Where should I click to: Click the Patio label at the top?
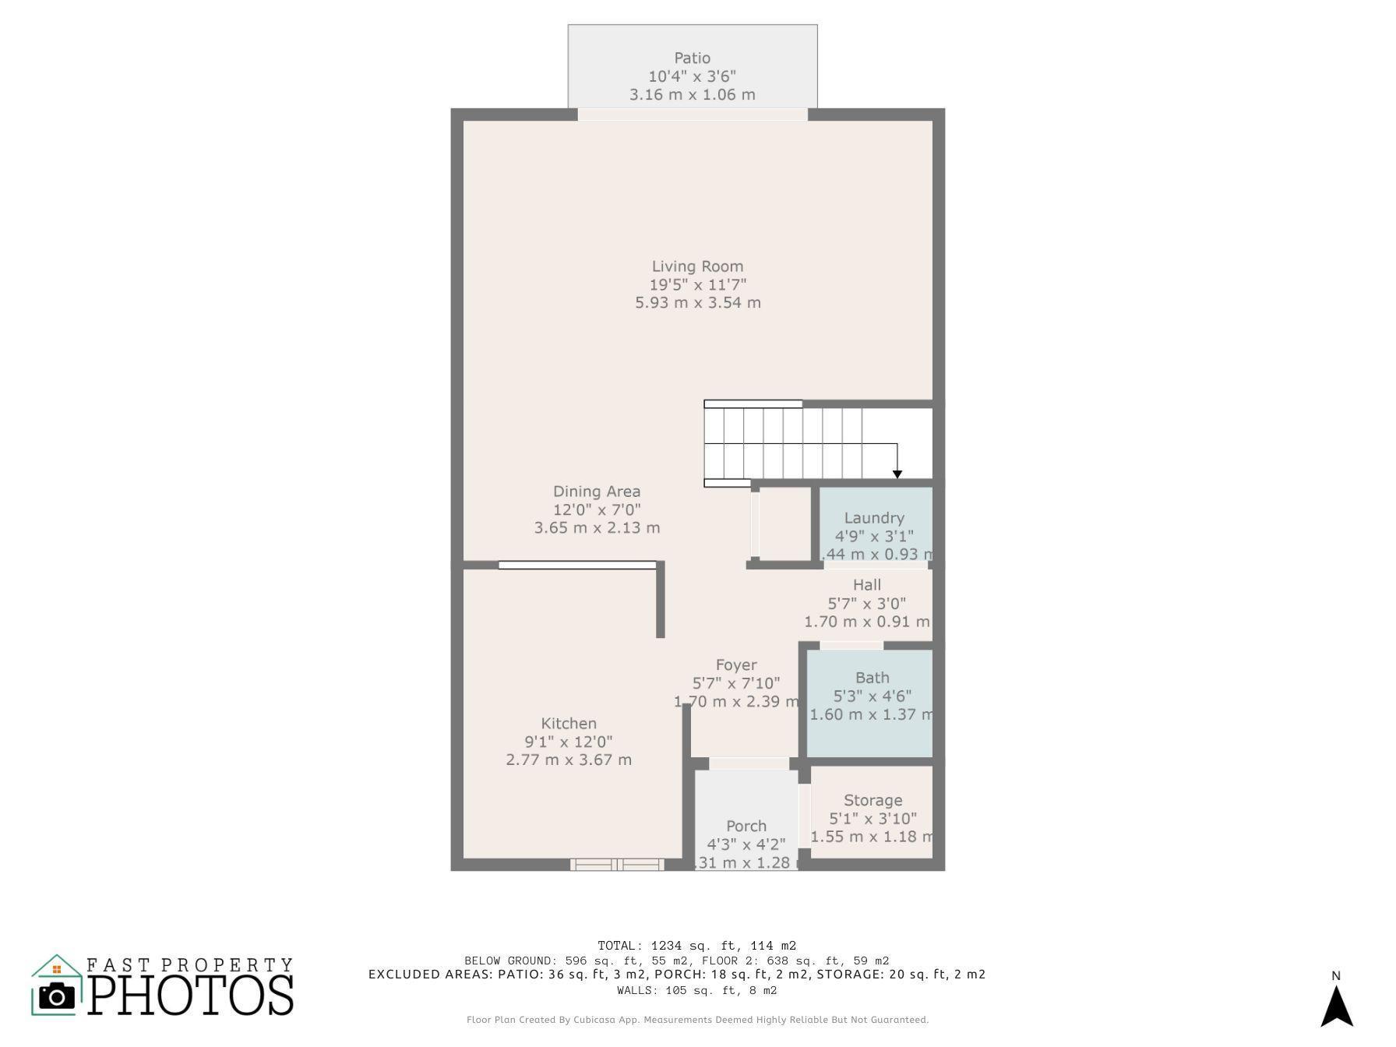click(x=692, y=58)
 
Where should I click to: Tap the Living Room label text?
click(x=697, y=266)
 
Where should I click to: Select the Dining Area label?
click(x=597, y=492)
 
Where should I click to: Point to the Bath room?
click(x=871, y=701)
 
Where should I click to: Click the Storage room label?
click(x=872, y=800)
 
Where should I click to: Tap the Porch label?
click(x=746, y=826)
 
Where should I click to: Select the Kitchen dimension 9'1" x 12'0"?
click(x=569, y=742)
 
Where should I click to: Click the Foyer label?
click(x=736, y=665)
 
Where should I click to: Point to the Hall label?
click(x=866, y=585)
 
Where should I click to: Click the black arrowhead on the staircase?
click(x=897, y=474)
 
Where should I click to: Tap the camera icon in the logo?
click(x=56, y=996)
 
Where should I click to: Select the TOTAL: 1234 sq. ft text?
click(x=696, y=946)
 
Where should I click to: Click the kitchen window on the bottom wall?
click(x=617, y=864)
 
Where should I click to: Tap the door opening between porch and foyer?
click(x=749, y=763)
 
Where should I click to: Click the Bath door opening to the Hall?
click(x=851, y=645)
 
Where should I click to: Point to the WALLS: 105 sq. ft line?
click(x=696, y=991)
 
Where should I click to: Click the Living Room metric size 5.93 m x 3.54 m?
click(x=697, y=303)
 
